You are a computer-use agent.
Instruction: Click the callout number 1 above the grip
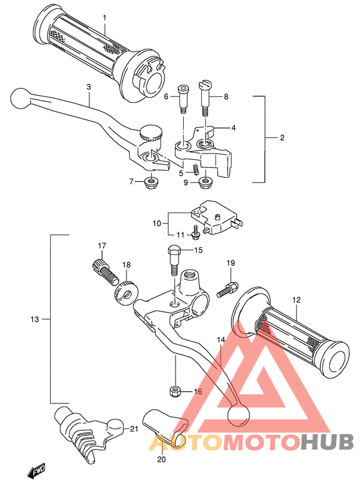coord(104,18)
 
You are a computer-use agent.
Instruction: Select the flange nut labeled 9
coord(205,183)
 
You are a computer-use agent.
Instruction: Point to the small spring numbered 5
coord(195,170)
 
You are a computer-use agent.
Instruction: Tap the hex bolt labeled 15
coord(174,260)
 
